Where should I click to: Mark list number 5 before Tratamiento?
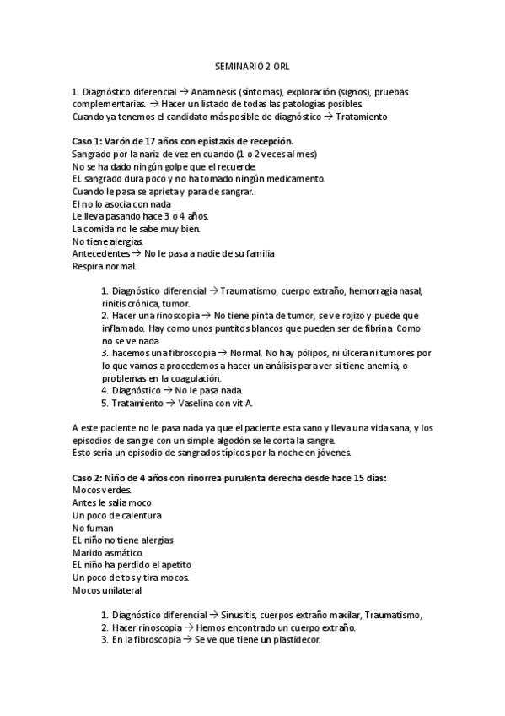pos(105,403)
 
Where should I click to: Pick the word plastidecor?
pos(292,640)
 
